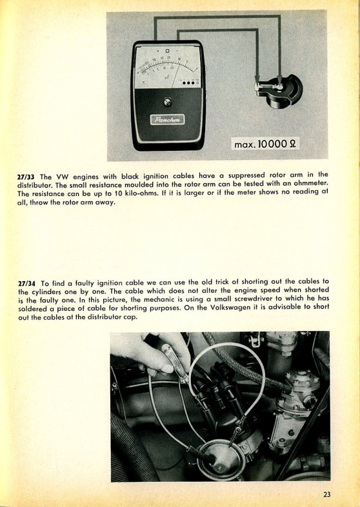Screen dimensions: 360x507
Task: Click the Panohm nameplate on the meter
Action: (167, 119)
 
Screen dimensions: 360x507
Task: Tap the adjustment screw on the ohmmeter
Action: (167, 101)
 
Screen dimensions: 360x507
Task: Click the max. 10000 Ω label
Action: (265, 144)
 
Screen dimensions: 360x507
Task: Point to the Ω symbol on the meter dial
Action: (167, 51)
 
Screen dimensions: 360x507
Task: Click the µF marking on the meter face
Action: (166, 77)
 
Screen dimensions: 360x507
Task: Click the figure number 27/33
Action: (26, 177)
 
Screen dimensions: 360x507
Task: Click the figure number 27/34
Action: (26, 284)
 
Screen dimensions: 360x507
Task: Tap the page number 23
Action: (326, 494)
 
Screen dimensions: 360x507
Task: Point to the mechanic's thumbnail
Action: (167, 368)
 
